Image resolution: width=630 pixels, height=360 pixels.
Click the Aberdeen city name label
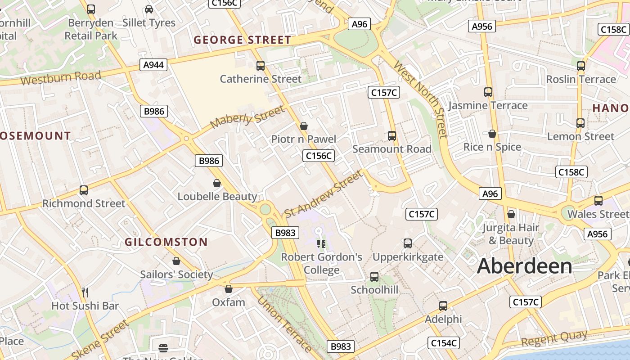click(x=524, y=266)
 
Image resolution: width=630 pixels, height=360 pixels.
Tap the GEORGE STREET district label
click(x=243, y=40)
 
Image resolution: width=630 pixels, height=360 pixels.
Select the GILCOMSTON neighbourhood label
click(x=166, y=242)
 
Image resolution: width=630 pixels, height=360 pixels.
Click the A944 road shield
click(x=153, y=65)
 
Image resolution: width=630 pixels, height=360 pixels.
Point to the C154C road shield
click(x=444, y=343)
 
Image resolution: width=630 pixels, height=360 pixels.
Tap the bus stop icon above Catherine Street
click(x=261, y=66)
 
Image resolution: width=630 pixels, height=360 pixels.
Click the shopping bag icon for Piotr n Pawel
click(x=304, y=126)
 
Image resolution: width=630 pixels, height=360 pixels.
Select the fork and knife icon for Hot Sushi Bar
click(x=85, y=292)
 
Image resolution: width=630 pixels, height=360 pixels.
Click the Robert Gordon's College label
click(x=321, y=263)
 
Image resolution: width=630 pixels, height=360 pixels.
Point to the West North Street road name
click(x=421, y=99)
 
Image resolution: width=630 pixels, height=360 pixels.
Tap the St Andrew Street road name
click(x=323, y=193)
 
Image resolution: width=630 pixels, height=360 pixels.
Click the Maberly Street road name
click(x=247, y=117)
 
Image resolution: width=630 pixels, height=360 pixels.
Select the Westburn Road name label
click(x=61, y=78)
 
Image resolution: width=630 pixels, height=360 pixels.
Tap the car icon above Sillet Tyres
click(x=149, y=9)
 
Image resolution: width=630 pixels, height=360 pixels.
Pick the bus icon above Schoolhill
click(x=374, y=277)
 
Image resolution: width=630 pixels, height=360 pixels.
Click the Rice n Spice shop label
click(x=492, y=147)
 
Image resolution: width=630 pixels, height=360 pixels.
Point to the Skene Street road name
click(x=100, y=339)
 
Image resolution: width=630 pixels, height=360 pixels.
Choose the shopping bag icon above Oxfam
click(x=229, y=289)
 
